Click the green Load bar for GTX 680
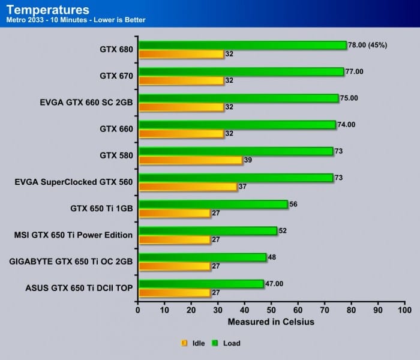[242, 45]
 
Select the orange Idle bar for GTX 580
[190, 160]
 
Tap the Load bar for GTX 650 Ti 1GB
[212, 204]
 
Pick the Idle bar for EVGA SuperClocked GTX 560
[187, 187]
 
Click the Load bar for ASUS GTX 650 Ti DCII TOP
[200, 283]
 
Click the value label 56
[294, 204]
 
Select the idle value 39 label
[249, 160]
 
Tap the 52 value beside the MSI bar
[283, 230]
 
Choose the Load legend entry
[226, 343]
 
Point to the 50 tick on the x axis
[271, 310]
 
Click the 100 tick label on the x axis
[404, 310]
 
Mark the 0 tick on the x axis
[138, 310]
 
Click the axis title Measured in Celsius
[271, 322]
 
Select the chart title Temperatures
[47, 10]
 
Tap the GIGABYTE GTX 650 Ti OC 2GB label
[71, 261]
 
